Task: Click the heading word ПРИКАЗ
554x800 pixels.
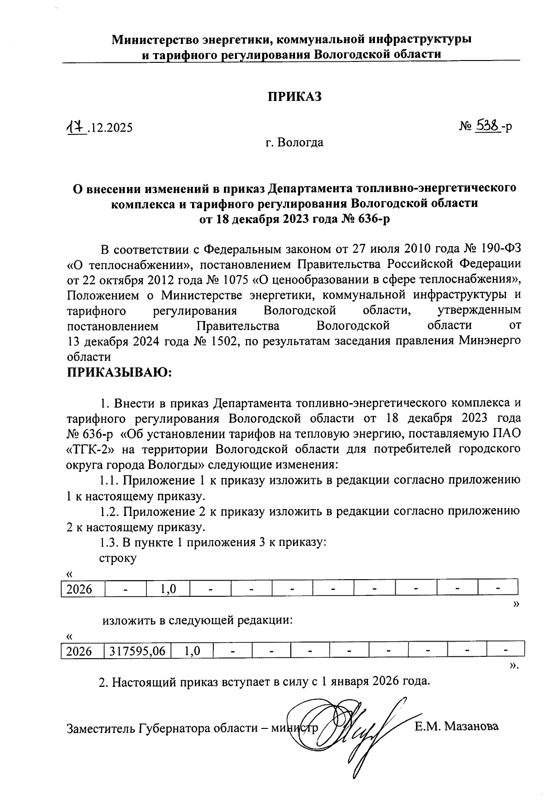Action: point(295,97)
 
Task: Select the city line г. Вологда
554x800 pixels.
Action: point(294,143)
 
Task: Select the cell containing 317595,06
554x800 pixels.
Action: point(138,651)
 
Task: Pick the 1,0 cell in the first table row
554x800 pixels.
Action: point(167,589)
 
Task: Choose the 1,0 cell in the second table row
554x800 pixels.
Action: point(192,651)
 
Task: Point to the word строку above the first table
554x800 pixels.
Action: point(118,558)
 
